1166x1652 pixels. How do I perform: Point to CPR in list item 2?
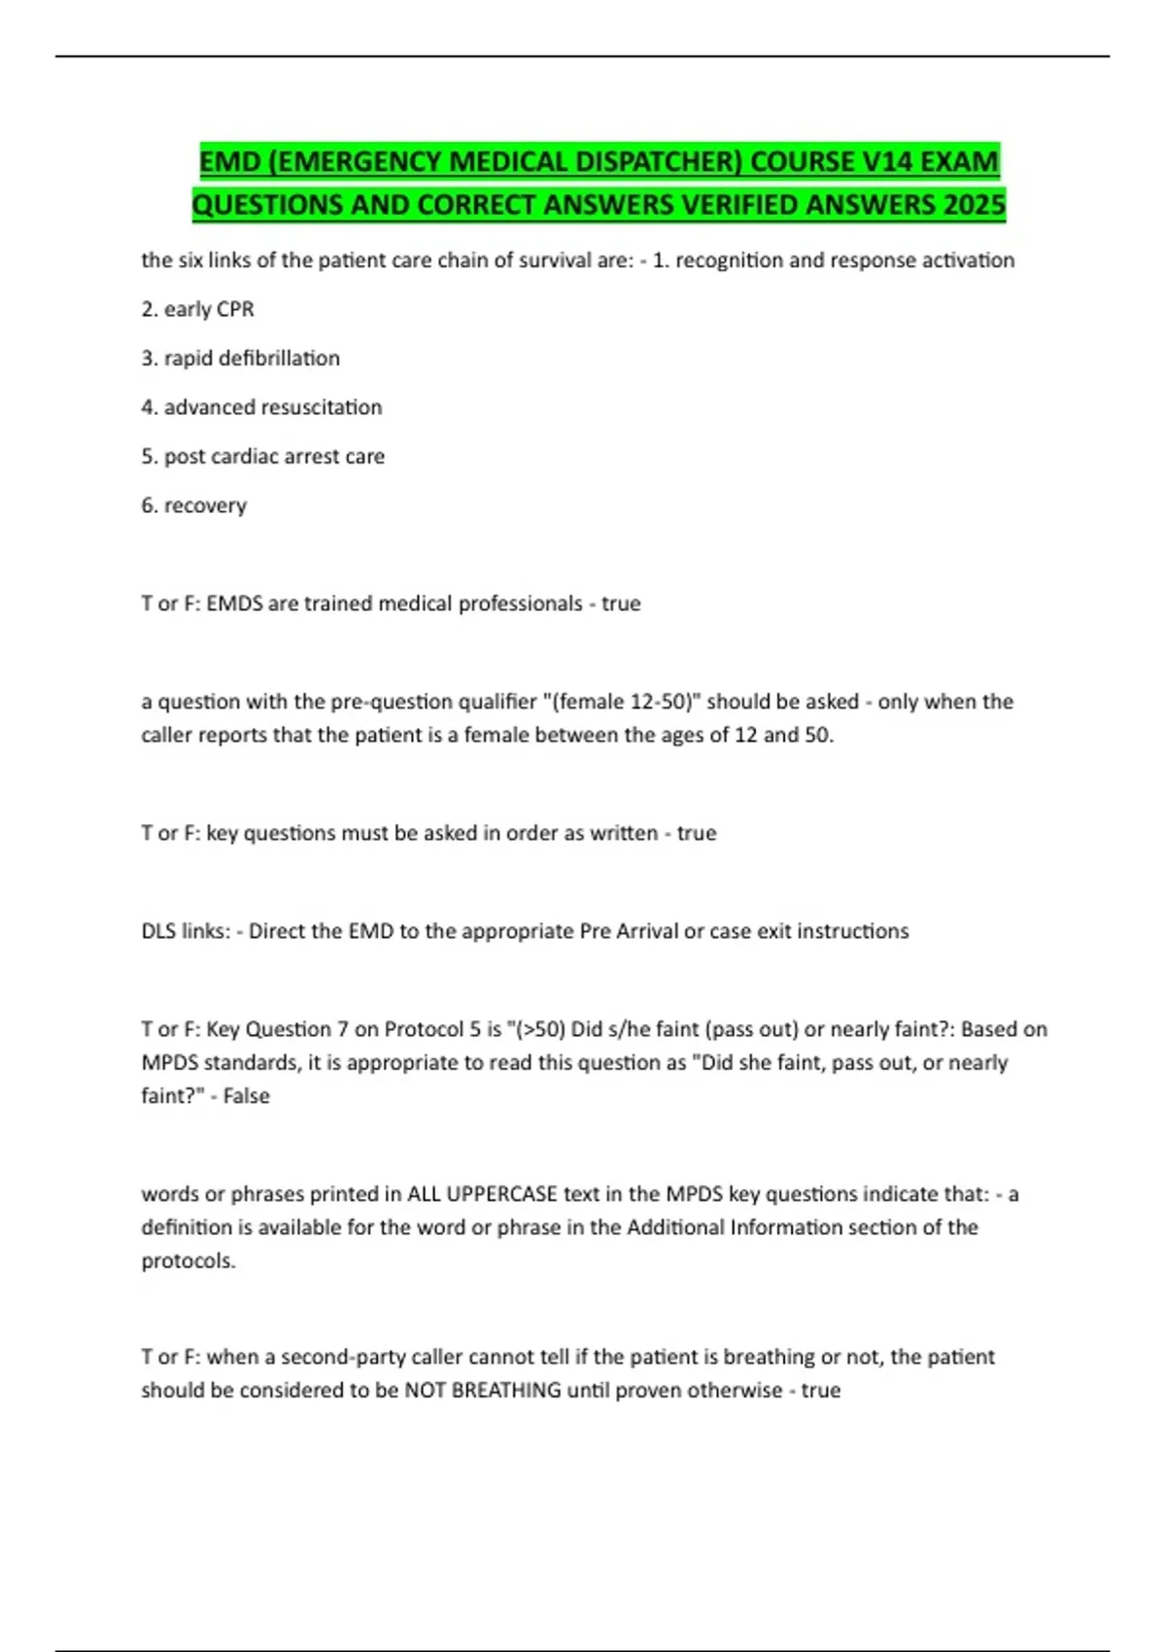(x=235, y=309)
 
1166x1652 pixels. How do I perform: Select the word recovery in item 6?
(x=205, y=505)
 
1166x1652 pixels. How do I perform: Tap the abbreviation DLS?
(x=158, y=931)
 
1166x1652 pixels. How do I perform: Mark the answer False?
(x=246, y=1096)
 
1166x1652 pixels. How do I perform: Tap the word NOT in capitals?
(x=425, y=1391)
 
